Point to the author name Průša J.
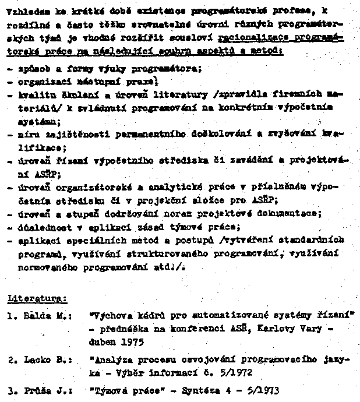tap(48, 389)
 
